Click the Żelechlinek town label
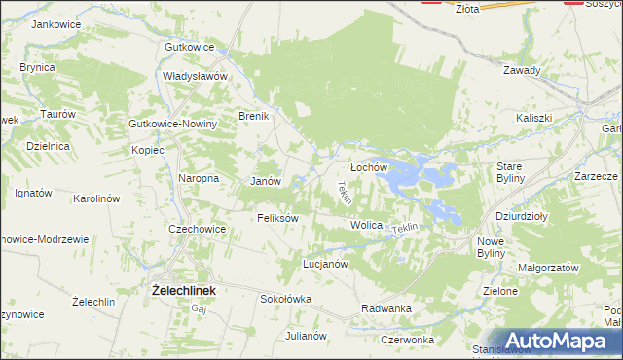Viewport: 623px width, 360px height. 184,289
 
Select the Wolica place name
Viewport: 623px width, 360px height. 366,225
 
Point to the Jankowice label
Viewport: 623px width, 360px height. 55,23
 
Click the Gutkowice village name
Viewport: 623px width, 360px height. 190,47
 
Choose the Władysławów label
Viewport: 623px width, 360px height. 195,76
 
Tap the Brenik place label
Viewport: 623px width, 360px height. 254,116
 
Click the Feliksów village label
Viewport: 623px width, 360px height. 276,218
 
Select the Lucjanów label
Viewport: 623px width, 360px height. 325,264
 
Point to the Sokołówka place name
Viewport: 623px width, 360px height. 285,299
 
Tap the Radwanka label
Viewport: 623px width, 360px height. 386,308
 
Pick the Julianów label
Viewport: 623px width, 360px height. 306,335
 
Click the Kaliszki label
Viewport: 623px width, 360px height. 534,118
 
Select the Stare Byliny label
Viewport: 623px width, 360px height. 510,172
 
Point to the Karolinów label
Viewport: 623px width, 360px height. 96,198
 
